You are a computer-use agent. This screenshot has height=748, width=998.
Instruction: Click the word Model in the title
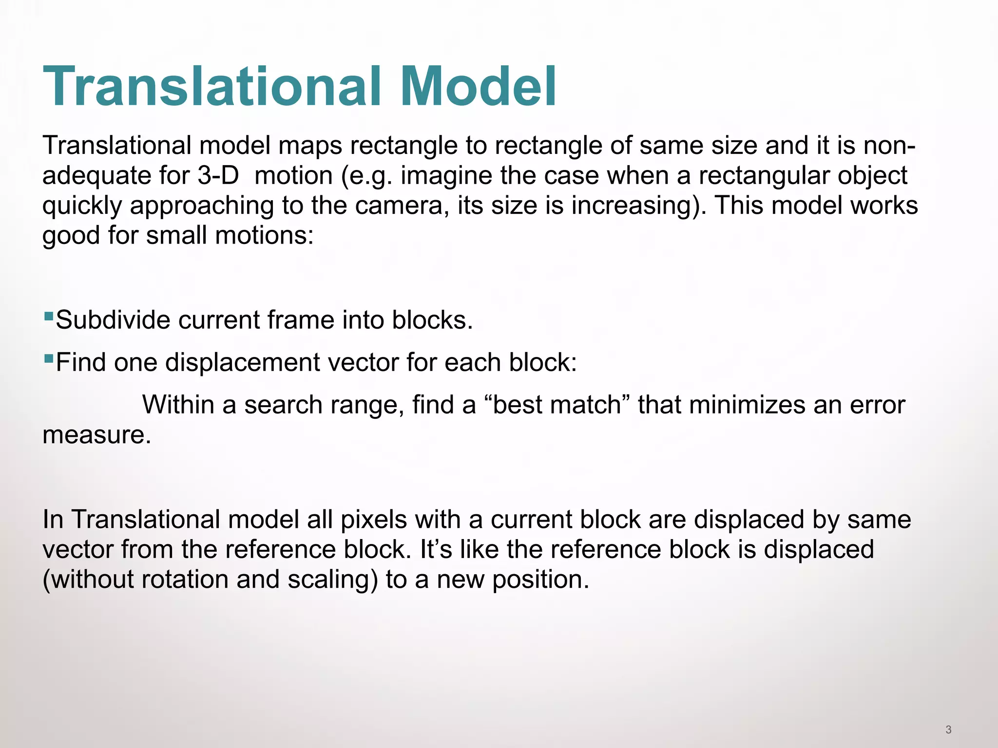(478, 87)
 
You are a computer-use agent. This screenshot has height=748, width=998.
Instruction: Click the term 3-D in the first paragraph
(218, 175)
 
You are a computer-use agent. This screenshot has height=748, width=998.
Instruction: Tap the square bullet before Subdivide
(48, 317)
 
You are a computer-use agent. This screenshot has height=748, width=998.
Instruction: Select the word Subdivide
(113, 320)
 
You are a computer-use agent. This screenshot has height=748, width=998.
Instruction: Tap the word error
(877, 406)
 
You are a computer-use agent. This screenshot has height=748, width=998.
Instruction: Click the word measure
(96, 435)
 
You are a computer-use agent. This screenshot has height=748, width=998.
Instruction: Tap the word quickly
(82, 206)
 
